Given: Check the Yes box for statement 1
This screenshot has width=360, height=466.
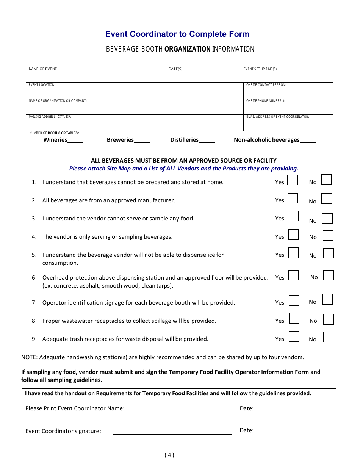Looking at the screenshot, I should [x=292, y=180].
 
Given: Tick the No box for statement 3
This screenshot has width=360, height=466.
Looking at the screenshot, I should [x=327, y=218].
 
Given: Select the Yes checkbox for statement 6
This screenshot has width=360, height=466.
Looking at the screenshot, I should [x=294, y=275].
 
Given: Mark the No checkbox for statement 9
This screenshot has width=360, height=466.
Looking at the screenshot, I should [x=328, y=337].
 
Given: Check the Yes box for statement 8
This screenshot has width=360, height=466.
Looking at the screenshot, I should [x=294, y=318].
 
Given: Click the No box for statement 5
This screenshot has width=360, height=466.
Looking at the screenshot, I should [x=329, y=253].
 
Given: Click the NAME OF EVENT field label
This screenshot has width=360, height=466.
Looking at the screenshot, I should [x=44, y=69].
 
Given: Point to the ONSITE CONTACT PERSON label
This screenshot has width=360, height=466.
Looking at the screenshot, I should [x=266, y=85].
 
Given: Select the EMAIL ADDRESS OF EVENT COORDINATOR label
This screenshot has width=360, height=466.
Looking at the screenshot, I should [x=277, y=117].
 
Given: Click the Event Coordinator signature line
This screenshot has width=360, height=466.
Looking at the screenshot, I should [x=172, y=432].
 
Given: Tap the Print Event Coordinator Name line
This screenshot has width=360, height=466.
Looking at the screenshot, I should [x=179, y=409].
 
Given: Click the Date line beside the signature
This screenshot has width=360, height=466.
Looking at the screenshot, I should [x=289, y=431].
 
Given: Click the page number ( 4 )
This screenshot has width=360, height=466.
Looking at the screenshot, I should [x=169, y=455].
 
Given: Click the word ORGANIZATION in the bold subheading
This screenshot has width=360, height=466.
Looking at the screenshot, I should [x=187, y=49].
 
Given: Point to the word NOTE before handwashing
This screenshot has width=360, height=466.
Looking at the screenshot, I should [x=29, y=357].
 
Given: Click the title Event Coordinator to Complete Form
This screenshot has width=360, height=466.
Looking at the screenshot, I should [x=177, y=34].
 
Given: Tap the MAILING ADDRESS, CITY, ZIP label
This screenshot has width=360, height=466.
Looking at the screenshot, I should [x=50, y=117].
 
